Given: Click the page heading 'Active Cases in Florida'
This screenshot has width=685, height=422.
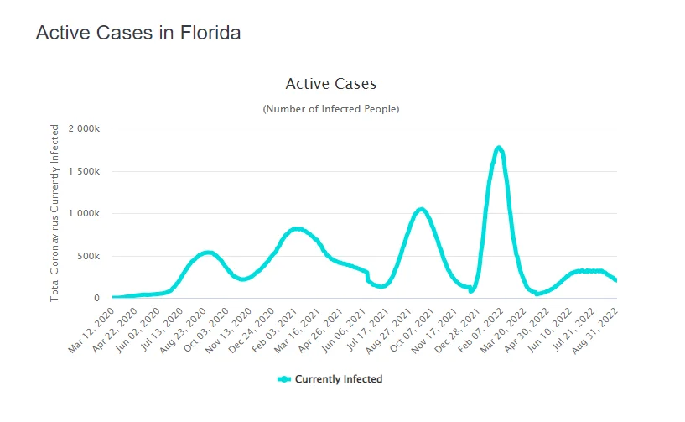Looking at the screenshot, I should pyautogui.click(x=138, y=34).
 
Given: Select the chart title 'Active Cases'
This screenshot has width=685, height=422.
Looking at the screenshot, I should pyautogui.click(x=331, y=84).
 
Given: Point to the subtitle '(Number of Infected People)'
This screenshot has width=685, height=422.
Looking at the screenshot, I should pyautogui.click(x=331, y=109).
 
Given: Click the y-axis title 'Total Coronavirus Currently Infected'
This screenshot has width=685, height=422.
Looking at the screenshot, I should pyautogui.click(x=55, y=213).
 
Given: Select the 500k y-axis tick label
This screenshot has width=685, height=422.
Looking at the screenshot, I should pyautogui.click(x=91, y=256).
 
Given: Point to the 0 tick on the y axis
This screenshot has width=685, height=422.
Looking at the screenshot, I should pyautogui.click(x=97, y=298).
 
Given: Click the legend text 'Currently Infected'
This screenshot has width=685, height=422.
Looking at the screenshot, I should pyautogui.click(x=339, y=379).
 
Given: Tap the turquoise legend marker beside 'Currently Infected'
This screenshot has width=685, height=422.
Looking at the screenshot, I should pyautogui.click(x=284, y=379).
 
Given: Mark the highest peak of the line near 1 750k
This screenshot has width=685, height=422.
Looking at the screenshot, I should pyautogui.click(x=499, y=148).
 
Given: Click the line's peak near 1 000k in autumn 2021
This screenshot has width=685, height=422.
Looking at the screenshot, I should pyautogui.click(x=422, y=210).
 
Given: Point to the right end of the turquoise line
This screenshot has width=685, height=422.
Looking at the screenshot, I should pyautogui.click(x=616, y=280).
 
